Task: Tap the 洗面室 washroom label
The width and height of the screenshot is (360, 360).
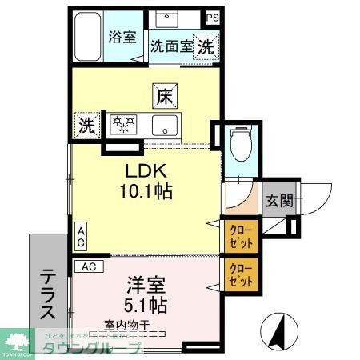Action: pyautogui.click(x=171, y=46)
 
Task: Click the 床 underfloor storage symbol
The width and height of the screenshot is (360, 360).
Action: pyautogui.click(x=164, y=97)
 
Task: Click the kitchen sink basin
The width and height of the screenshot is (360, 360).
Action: pyautogui.click(x=167, y=125)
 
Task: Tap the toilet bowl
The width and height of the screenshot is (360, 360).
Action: pyautogui.click(x=238, y=146)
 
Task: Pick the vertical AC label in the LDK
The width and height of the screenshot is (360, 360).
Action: pyautogui.click(x=80, y=236)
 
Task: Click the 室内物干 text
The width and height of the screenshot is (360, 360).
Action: pyautogui.click(x=126, y=326)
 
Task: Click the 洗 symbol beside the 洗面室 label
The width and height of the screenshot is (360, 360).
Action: pyautogui.click(x=206, y=47)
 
